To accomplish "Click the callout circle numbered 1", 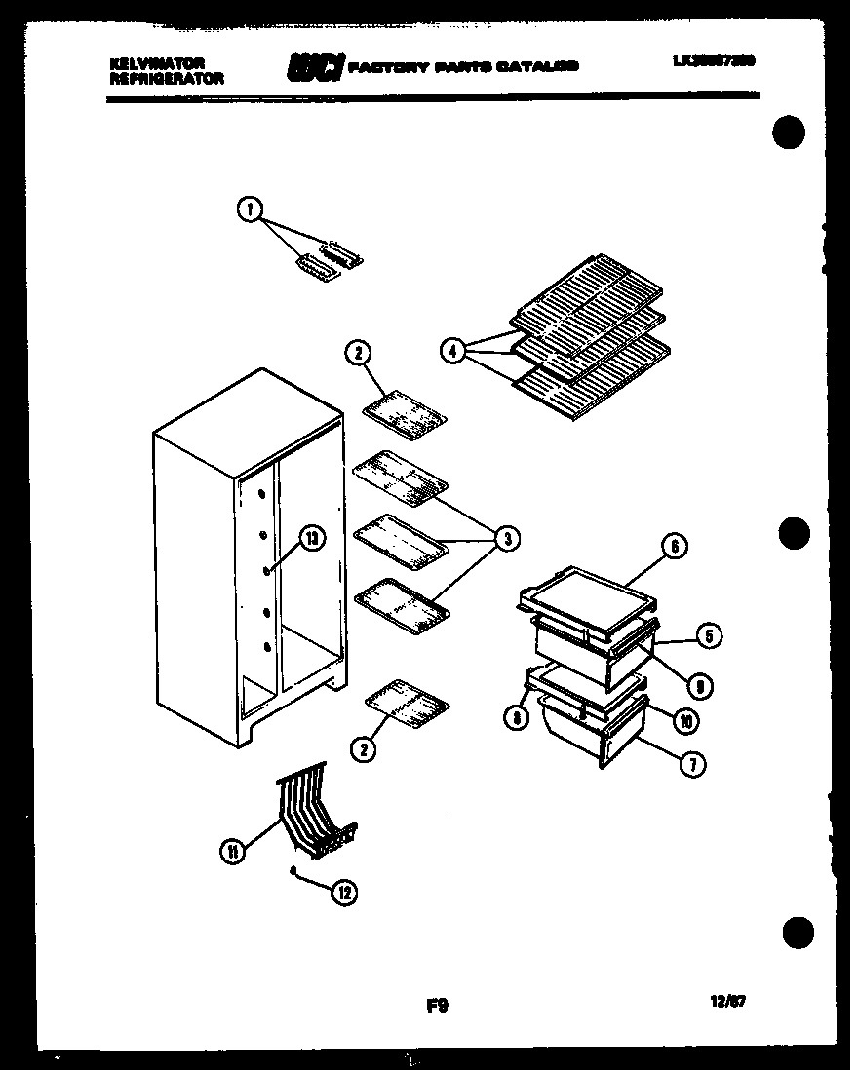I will click(251, 208).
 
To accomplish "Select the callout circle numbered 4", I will click(452, 352).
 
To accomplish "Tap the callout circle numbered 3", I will click(506, 537).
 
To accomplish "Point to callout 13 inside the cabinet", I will click(310, 537).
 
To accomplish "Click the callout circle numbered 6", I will click(675, 546).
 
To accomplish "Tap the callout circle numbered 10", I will click(686, 722).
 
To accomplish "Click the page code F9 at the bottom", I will click(437, 1005).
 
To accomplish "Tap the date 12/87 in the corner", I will click(729, 1000).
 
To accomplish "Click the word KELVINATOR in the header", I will click(157, 63).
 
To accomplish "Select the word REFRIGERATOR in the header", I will click(167, 78).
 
